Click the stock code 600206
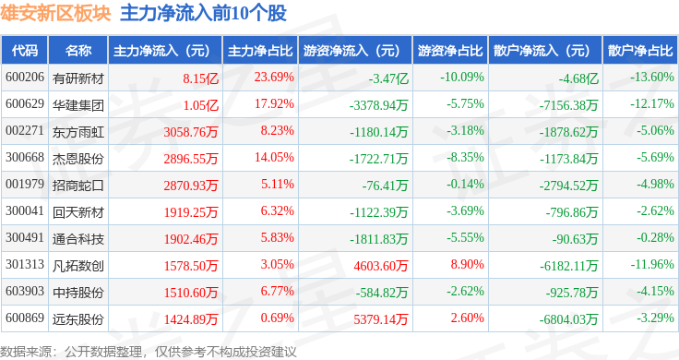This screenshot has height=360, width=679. (25, 78)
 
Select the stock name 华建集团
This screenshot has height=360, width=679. (78, 105)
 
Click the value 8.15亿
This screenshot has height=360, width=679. (200, 78)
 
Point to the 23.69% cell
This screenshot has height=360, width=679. (274, 78)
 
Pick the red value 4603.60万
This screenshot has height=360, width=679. (381, 266)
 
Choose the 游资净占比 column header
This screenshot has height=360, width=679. (450, 51)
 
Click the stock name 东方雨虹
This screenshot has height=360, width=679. (78, 132)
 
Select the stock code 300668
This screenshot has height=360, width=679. (25, 157)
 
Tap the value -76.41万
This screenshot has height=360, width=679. (385, 186)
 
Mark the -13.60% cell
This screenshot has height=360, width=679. (652, 78)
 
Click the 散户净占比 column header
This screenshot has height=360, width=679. (640, 51)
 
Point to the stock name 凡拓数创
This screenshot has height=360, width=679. (78, 266)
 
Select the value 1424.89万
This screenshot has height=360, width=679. (191, 319)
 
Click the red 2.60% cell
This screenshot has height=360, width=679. (467, 318)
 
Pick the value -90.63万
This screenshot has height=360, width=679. (575, 239)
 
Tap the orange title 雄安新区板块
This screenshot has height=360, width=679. (55, 14)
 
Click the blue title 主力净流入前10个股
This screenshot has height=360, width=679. (204, 14)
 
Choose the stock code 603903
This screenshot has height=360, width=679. (25, 291)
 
